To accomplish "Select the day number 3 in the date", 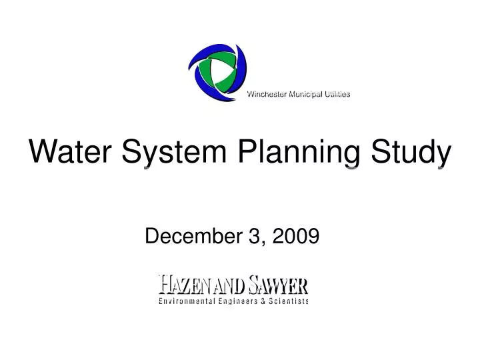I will point(254,235).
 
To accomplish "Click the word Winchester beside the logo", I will point(267,94).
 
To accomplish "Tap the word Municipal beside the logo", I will point(306,94).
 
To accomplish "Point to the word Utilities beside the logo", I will point(337,94).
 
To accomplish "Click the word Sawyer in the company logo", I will point(277,285).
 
